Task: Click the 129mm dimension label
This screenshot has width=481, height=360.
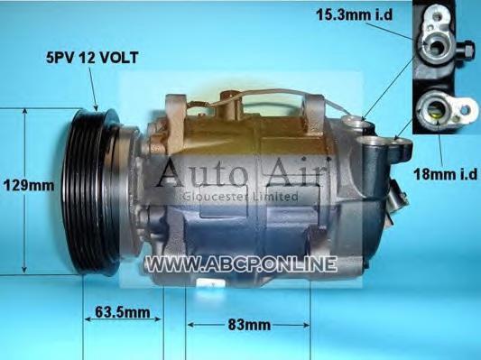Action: [29, 186]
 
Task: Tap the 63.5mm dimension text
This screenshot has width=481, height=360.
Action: [123, 312]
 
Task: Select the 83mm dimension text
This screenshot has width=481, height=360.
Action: [249, 325]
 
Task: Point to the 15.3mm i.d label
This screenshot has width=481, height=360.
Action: [355, 14]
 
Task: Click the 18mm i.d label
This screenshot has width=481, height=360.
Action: [446, 174]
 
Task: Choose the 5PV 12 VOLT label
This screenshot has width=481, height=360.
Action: [92, 58]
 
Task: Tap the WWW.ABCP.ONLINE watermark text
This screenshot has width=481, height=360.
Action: [241, 263]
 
